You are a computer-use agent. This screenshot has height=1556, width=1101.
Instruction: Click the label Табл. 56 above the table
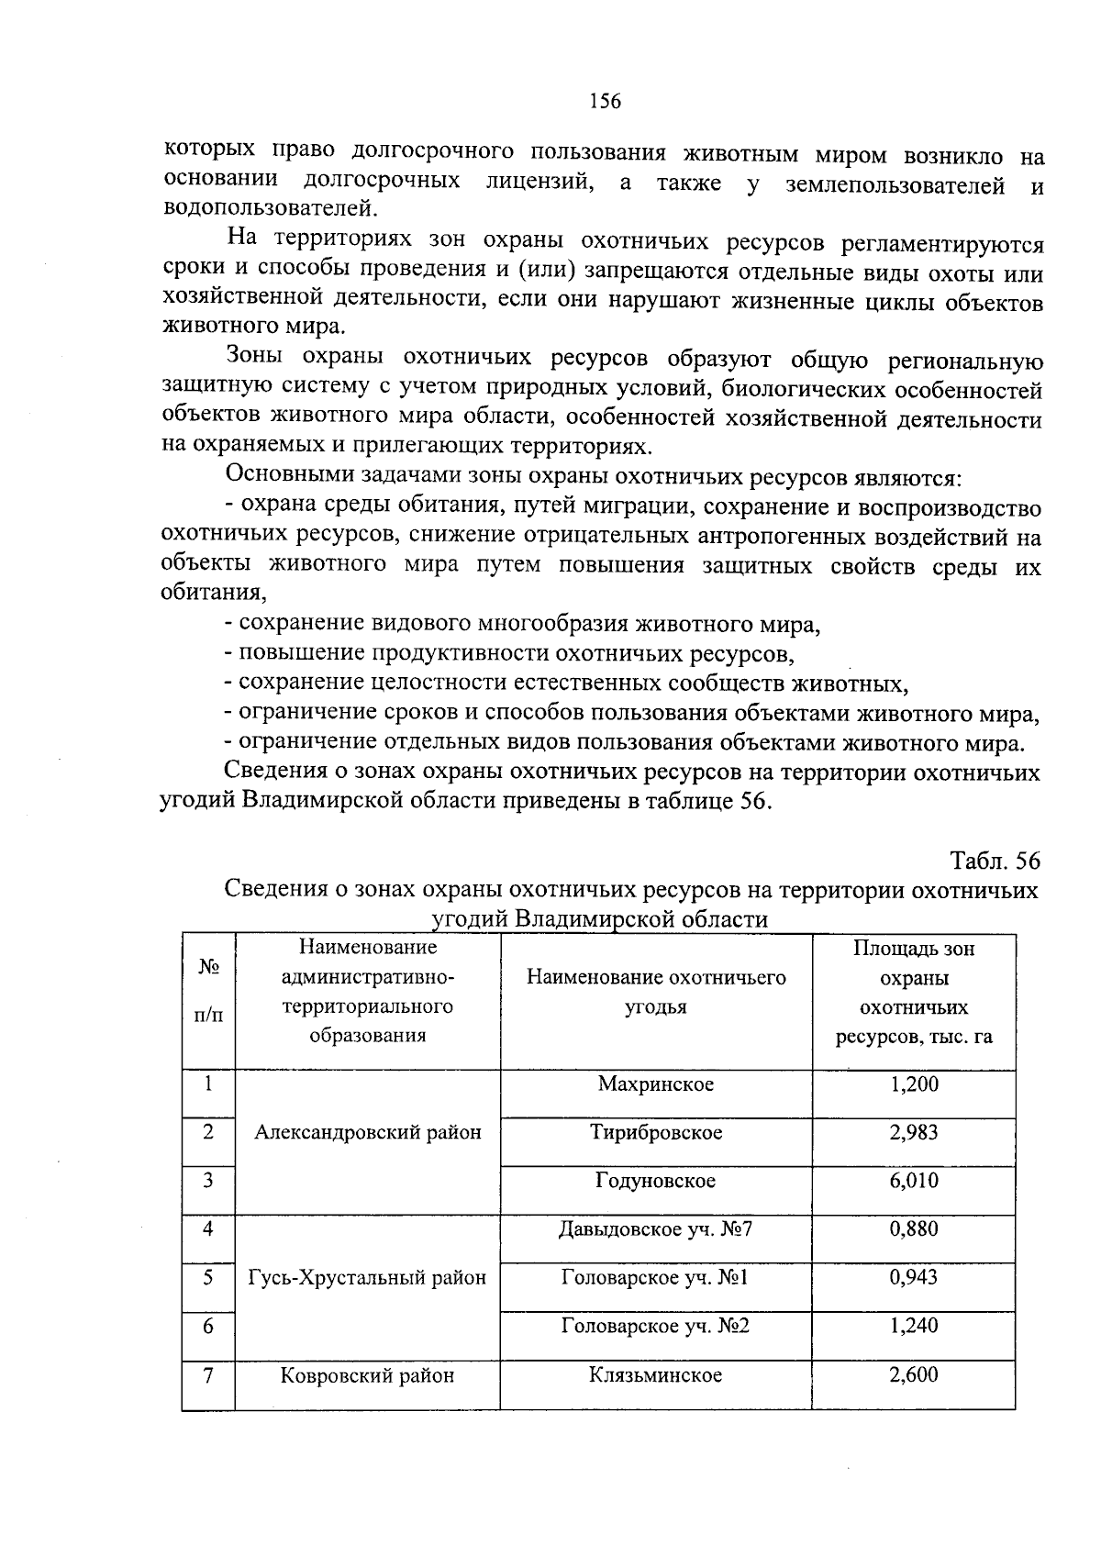[995, 861]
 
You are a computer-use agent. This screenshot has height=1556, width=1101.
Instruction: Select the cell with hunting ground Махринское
[655, 1084]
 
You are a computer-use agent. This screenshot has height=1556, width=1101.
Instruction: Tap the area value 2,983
[913, 1132]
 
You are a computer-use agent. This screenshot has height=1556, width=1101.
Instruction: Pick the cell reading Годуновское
[655, 1181]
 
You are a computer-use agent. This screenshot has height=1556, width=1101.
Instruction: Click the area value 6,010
[913, 1181]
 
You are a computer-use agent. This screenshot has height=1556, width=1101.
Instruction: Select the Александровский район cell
[367, 1133]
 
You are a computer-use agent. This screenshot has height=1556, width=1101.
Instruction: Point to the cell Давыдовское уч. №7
[655, 1228]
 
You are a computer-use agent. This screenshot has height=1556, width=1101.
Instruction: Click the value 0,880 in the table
[913, 1228]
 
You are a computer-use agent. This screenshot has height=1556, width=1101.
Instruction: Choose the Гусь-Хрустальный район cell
[367, 1277]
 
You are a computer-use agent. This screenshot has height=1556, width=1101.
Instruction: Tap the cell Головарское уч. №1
[655, 1277]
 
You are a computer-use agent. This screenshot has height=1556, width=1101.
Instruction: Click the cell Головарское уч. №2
[655, 1326]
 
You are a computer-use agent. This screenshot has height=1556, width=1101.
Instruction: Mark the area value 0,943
[913, 1277]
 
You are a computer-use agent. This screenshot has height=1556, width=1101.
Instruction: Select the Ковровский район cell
[367, 1375]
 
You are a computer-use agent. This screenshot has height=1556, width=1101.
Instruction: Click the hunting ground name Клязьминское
[655, 1375]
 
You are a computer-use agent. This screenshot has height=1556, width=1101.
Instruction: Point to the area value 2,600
[913, 1375]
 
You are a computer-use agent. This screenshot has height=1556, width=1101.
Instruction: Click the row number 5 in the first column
[208, 1277]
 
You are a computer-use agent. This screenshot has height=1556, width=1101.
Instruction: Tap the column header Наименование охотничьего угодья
[655, 992]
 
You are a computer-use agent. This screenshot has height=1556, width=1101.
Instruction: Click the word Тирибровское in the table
[655, 1133]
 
